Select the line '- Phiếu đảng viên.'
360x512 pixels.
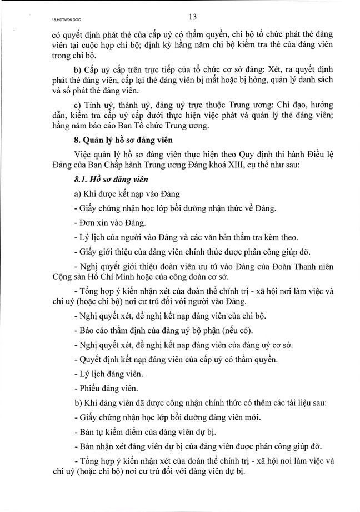[107, 389]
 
